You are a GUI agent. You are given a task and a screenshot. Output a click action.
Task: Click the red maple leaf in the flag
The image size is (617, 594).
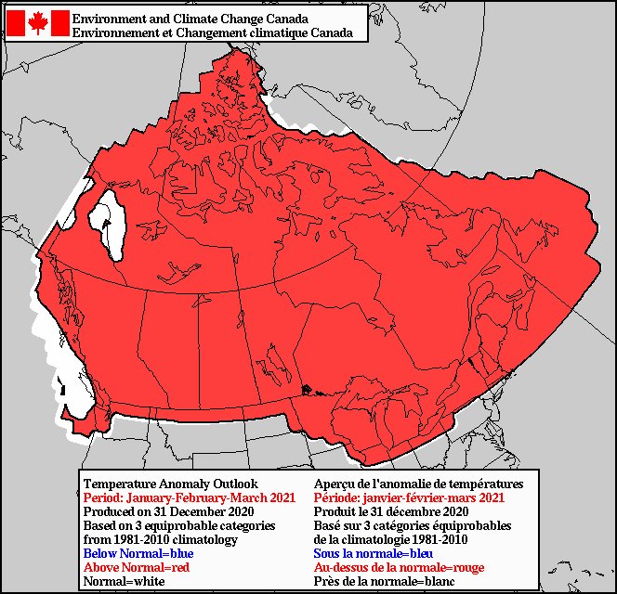pyautogui.click(x=38, y=23)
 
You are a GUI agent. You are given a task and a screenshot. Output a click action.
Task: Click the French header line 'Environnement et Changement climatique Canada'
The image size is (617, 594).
pyautogui.click(x=212, y=32)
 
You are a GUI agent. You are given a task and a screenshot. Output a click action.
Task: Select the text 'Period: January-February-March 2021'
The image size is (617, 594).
pyautogui.click(x=190, y=497)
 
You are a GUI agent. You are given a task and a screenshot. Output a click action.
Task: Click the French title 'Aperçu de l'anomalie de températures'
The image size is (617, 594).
pyautogui.click(x=418, y=484)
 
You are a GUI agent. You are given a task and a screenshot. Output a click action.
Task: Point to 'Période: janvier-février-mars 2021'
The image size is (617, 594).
pyautogui.click(x=409, y=497)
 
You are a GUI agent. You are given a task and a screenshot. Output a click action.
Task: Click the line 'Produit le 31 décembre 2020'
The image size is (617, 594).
pyautogui.click(x=390, y=511)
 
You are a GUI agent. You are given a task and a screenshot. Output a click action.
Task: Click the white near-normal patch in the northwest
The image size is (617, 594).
pyautogui.click(x=110, y=221)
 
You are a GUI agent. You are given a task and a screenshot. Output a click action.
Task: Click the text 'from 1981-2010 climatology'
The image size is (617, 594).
pyautogui.click(x=160, y=539)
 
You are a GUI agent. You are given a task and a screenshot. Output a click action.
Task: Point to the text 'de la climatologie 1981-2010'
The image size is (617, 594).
pyautogui.click(x=390, y=539)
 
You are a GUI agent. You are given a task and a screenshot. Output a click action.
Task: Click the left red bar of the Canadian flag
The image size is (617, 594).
pyautogui.click(x=16, y=23)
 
